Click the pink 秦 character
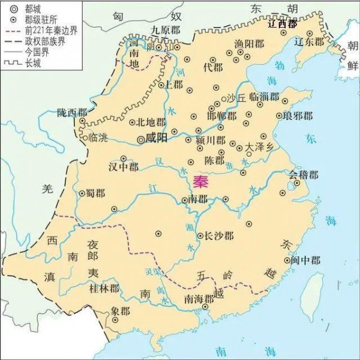coord(202,181)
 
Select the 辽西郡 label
coord(283,25)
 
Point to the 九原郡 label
coord(166,28)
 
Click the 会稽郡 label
coord(304,175)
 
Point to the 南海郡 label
coord(199,298)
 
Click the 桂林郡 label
coord(104,289)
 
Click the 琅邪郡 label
coord(298,115)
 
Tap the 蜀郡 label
coord(96,193)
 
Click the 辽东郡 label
coord(310,42)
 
